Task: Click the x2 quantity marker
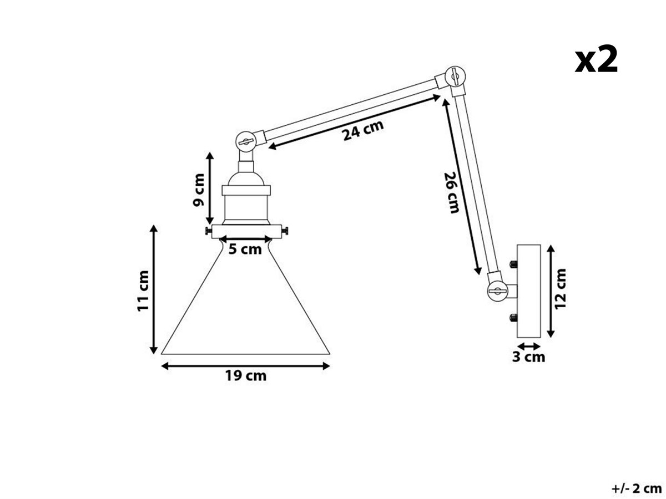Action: click(x=596, y=59)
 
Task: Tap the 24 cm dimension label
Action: click(x=363, y=130)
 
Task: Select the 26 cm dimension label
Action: click(x=451, y=192)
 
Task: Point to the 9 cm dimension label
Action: click(x=199, y=190)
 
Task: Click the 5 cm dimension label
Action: click(x=245, y=249)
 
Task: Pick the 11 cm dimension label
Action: click(x=143, y=291)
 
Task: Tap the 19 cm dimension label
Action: click(x=245, y=376)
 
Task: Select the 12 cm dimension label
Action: click(x=560, y=289)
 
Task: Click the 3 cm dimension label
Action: click(x=528, y=357)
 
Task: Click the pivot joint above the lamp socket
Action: click(x=246, y=141)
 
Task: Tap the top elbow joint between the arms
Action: click(x=455, y=77)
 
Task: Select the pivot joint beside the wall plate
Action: click(x=497, y=291)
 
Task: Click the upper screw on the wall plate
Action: click(x=513, y=264)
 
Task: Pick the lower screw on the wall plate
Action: click(x=513, y=318)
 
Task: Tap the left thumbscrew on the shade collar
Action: click(x=209, y=231)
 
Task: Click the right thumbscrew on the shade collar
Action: click(x=285, y=231)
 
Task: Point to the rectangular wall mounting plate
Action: click(x=528, y=291)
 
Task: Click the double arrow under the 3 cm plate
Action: click(x=528, y=346)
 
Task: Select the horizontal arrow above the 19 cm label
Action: click(x=245, y=366)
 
